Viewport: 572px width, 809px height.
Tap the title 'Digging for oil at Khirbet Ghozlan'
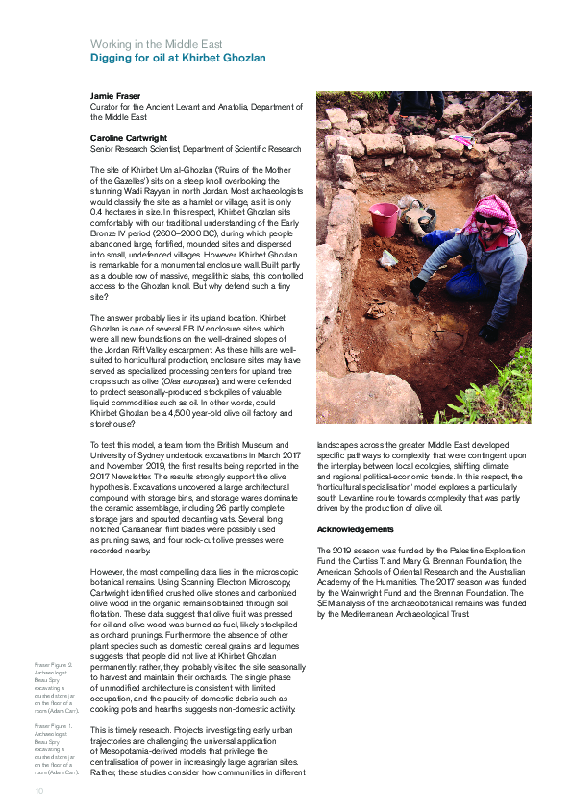point(178,59)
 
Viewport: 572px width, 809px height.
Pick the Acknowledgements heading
point(357,529)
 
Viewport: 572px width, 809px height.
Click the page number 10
point(38,790)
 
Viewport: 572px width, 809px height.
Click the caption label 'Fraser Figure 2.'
point(53,665)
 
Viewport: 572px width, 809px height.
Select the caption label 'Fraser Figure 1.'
point(53,726)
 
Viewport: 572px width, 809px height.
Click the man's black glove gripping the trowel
point(418,285)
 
